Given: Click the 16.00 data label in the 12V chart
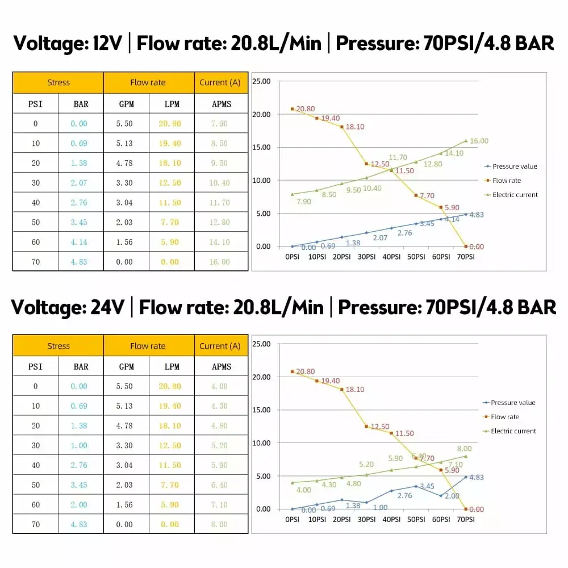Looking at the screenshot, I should (479, 141).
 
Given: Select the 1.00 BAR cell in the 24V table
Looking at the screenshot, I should (80, 445).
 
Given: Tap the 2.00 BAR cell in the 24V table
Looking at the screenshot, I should (80, 504).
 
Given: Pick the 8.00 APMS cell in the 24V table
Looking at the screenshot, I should (219, 524).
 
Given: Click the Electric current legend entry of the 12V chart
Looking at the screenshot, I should (515, 195).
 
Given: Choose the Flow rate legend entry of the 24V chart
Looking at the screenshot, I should (504, 417).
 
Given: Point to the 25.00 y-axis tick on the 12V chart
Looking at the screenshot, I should (261, 81).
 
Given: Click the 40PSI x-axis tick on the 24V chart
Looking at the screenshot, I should (391, 520).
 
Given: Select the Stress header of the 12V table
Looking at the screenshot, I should (58, 82).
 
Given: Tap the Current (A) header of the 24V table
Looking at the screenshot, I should (220, 346).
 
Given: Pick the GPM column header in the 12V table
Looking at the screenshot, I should (126, 104).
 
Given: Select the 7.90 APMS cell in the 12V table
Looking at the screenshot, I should (219, 124).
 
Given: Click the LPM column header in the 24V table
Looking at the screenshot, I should (172, 366).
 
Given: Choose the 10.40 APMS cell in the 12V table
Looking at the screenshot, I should (219, 183).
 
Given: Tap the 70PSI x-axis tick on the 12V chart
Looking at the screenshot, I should (465, 257).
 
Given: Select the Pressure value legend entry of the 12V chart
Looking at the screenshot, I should (514, 166).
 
